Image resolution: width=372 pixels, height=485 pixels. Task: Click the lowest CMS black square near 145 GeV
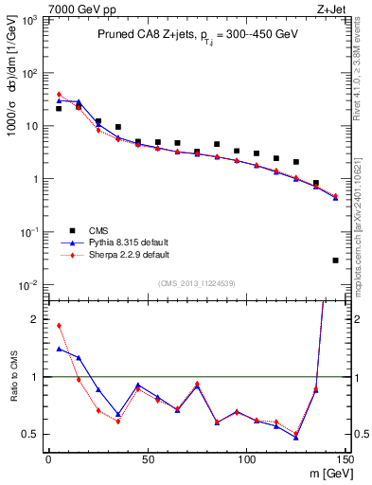coord(335,260)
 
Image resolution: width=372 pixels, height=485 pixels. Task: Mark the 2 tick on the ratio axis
coord(35,319)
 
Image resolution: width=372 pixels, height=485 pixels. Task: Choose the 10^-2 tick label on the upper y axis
coord(28,285)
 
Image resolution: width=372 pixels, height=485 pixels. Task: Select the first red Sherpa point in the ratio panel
coord(59,326)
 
